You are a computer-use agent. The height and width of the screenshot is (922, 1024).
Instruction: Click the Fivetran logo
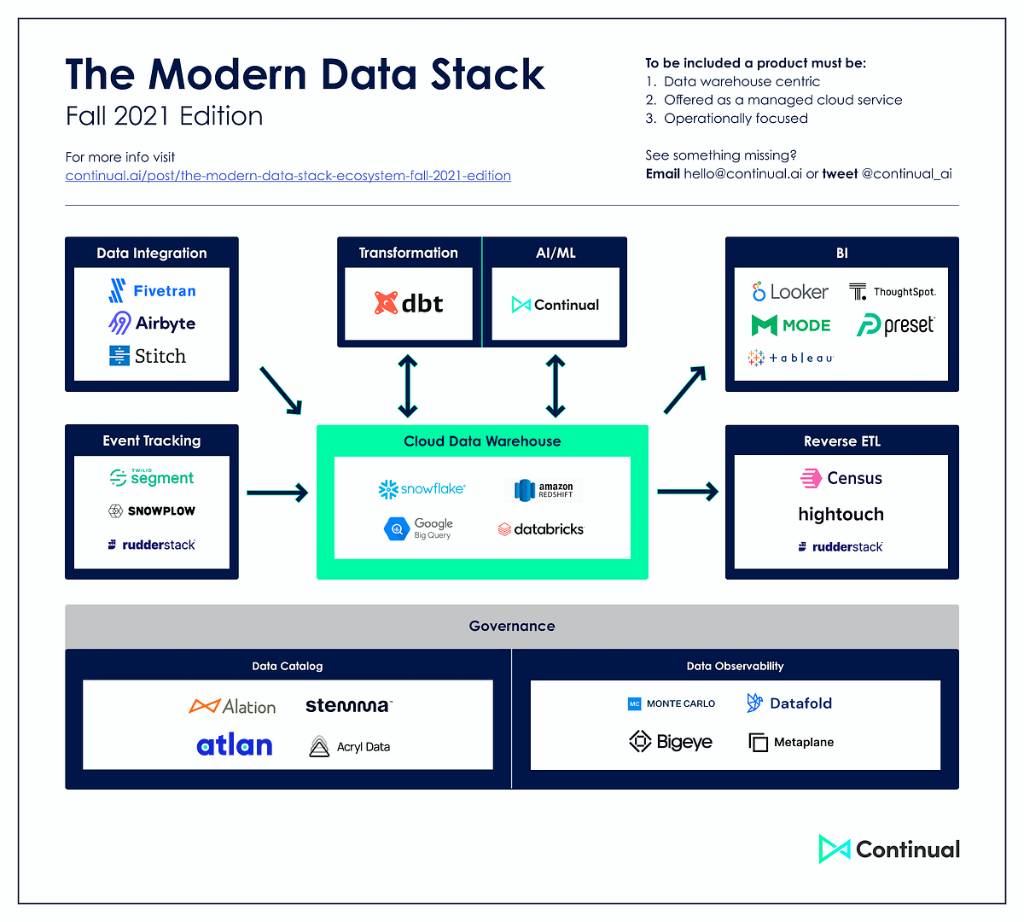pos(153,291)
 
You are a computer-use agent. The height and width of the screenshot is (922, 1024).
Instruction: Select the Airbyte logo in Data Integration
pos(153,323)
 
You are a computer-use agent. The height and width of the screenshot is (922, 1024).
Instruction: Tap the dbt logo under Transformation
pos(409,304)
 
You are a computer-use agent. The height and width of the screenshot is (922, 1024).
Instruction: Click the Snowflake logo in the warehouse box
pos(422,489)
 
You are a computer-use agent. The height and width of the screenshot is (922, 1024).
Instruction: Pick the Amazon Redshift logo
pos(544,490)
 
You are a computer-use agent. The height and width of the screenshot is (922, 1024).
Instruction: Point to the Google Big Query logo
pos(419,528)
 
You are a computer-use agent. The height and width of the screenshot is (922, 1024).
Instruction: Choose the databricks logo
pos(541,529)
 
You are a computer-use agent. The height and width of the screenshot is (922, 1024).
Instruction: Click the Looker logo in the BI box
pos(789,292)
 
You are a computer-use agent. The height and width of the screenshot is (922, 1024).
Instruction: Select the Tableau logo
pos(790,358)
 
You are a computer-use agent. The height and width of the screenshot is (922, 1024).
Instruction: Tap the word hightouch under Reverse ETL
pos(841,514)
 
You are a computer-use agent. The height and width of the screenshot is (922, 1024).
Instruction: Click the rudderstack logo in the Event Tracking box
pos(152,545)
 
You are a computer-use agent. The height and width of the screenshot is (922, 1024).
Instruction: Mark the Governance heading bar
pos(512,626)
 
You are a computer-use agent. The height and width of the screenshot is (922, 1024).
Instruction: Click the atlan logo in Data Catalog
pos(235,745)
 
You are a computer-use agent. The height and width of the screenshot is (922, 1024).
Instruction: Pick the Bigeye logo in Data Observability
pos(671,742)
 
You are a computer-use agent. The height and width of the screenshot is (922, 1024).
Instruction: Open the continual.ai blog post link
pos(288,176)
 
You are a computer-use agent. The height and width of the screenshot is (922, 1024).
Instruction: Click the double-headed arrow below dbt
pos(408,387)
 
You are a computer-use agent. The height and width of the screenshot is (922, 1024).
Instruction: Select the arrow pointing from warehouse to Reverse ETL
pos(688,492)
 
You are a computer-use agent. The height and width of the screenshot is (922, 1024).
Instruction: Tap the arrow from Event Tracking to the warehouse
pos(277,493)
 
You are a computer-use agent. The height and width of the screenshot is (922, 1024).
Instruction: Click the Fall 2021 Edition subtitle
pos(165,116)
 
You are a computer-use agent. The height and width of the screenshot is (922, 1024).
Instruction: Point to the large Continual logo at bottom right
pos(889,849)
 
